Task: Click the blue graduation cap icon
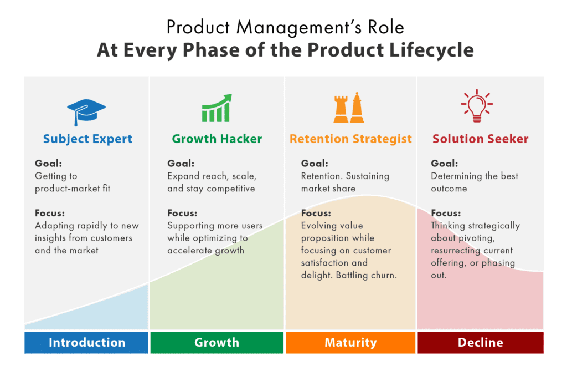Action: tap(86, 111)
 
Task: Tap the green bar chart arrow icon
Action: tap(216, 109)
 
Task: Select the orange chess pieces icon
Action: tap(349, 108)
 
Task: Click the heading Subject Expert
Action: tap(87, 139)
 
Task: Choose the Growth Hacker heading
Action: tap(217, 139)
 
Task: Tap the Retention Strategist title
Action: tap(350, 139)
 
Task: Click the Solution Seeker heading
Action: tap(480, 139)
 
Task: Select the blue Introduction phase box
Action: tap(86, 342)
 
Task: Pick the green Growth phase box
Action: tap(217, 342)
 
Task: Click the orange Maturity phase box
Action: tap(350, 342)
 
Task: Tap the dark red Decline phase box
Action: tap(480, 342)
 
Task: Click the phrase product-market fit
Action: tap(73, 189)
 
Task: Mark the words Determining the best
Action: tap(475, 176)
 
